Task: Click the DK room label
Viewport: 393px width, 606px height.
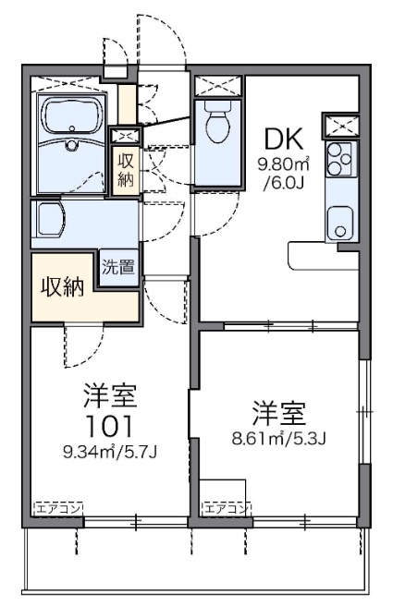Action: tap(284, 139)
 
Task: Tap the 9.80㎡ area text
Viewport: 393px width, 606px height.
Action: tap(284, 165)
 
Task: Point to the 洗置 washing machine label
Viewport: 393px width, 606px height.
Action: tap(118, 267)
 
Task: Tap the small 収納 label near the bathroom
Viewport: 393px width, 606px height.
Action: tap(126, 170)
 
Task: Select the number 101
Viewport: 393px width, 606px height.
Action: tap(110, 426)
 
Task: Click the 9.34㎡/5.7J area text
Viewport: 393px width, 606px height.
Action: tap(110, 451)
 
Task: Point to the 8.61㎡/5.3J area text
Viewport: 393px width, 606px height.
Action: tap(279, 438)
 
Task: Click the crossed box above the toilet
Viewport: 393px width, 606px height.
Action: tap(218, 86)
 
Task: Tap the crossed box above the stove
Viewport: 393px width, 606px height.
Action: tap(341, 126)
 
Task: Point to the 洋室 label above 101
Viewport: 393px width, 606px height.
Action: tap(110, 395)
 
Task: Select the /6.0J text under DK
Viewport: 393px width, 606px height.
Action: tap(283, 182)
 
